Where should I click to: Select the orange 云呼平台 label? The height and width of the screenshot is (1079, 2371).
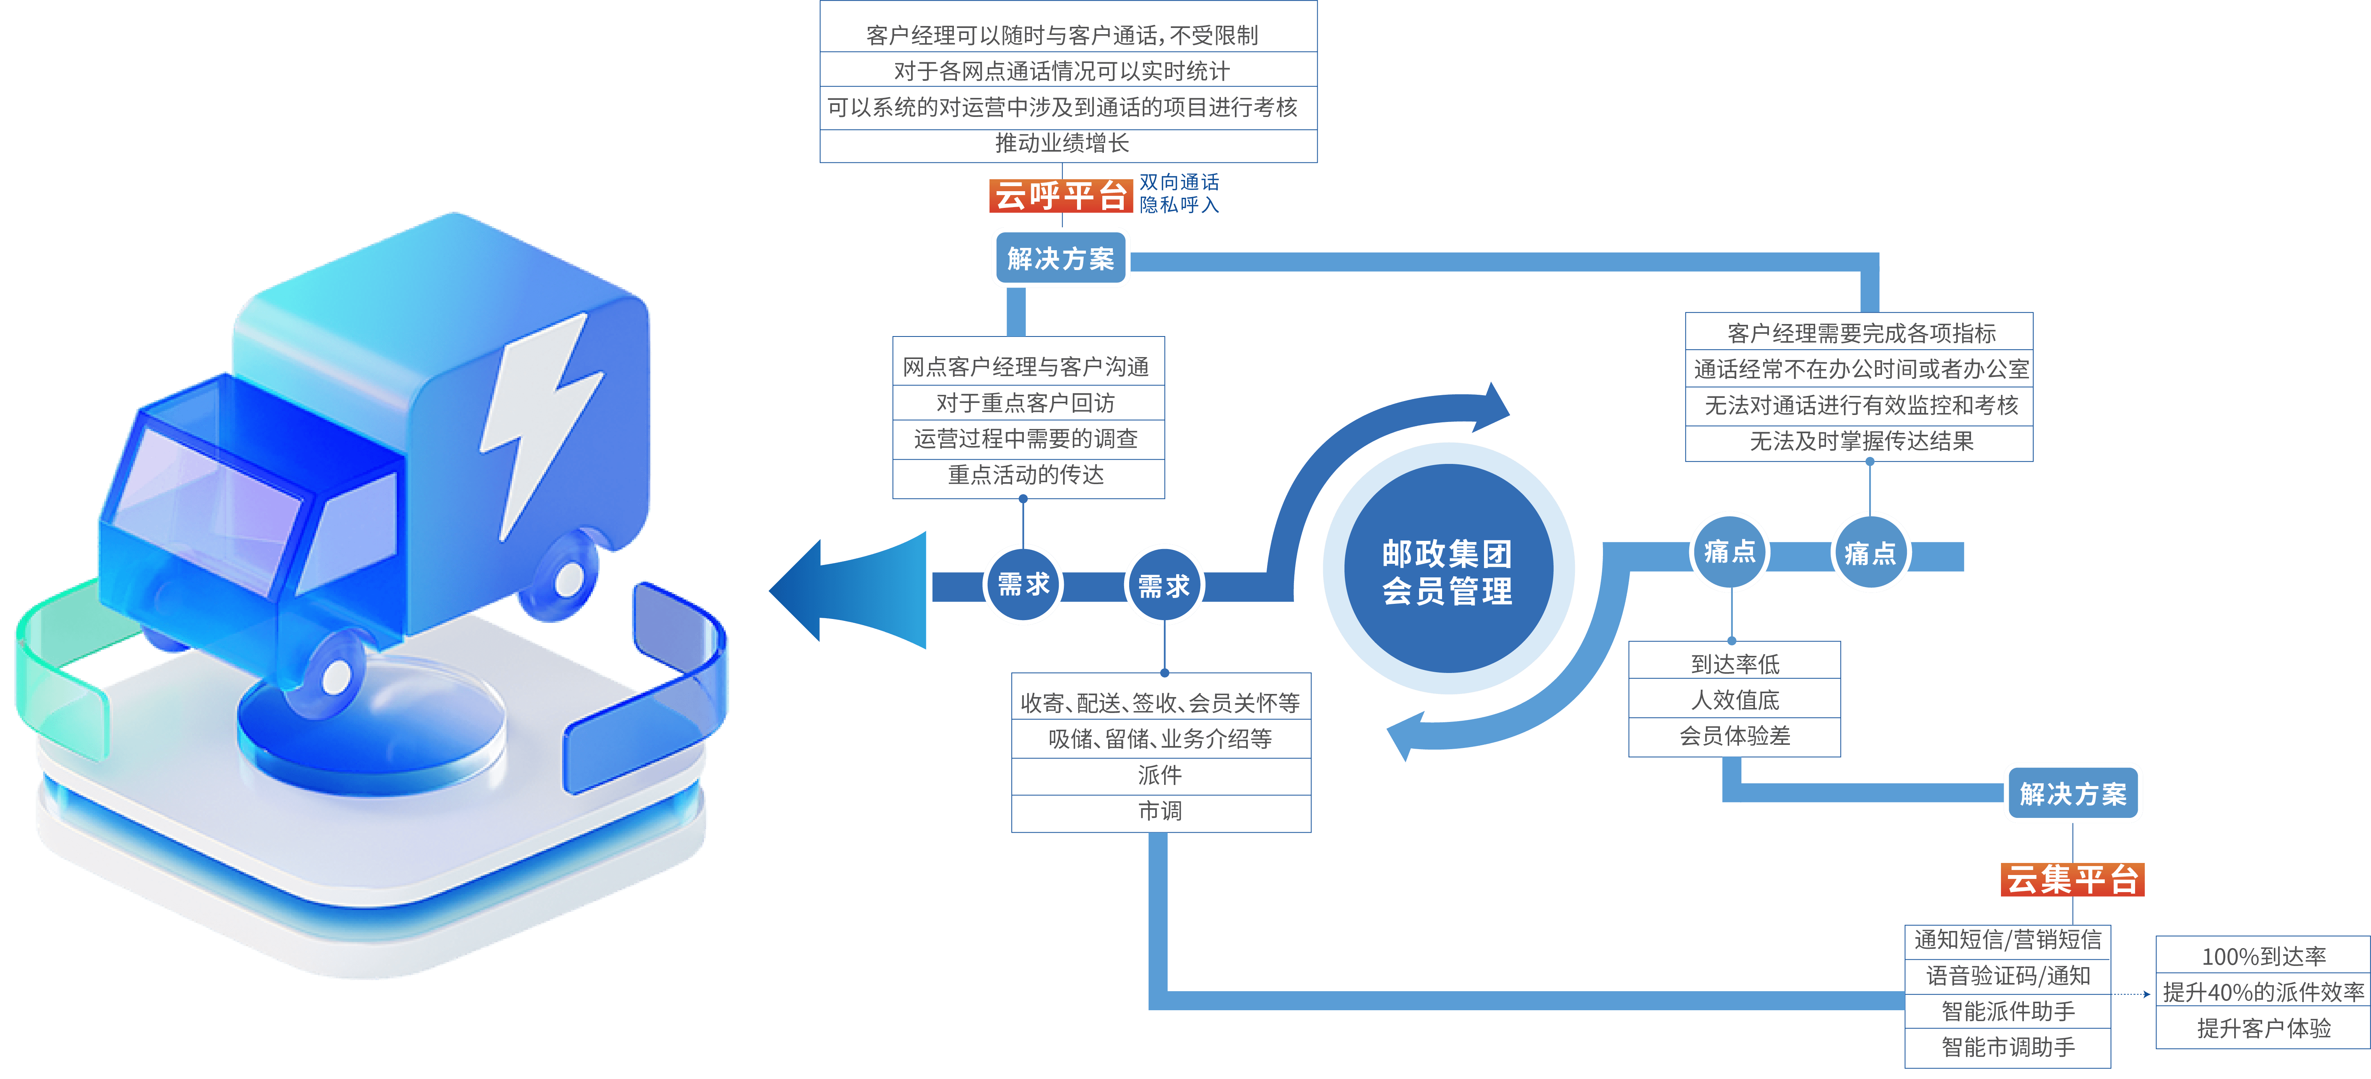pos(1060,195)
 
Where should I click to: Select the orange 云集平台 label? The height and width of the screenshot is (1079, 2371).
pos(2072,879)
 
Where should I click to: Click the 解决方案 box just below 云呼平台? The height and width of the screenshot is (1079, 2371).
pos(1060,258)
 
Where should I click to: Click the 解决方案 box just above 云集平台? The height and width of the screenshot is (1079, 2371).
pos(2073,793)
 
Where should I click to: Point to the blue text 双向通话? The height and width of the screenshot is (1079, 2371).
pos(1179,182)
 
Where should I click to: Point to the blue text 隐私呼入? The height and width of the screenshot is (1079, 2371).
pos(1179,205)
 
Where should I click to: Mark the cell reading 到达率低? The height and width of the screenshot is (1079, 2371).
pos(1735,663)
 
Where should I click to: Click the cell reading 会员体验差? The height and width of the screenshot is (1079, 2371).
pos(1735,736)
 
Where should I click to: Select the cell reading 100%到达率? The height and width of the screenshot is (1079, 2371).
pos(2263,957)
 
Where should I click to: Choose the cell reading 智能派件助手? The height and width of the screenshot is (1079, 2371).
pos(2008,1011)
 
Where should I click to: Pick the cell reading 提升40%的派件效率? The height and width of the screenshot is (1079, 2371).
pos(2263,992)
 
